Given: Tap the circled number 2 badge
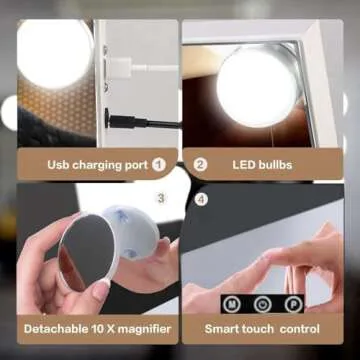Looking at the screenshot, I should tap(200, 163).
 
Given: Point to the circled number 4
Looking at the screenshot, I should tap(201, 198).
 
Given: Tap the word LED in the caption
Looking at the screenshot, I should tap(243, 164).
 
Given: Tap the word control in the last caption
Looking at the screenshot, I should tap(299, 327).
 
